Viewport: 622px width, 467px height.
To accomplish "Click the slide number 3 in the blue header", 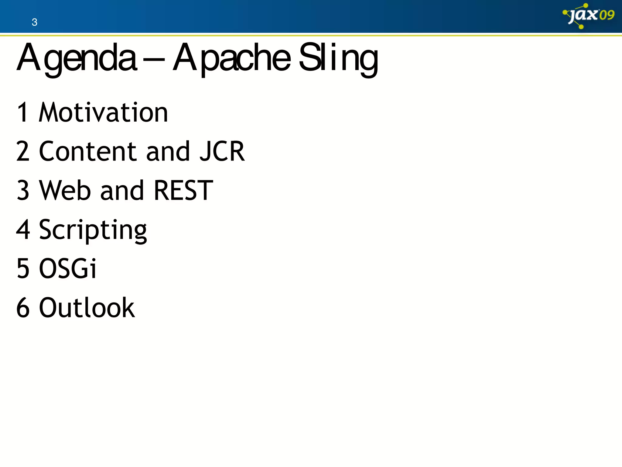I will click(x=34, y=22).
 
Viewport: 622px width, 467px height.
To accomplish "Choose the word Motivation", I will click(x=103, y=112).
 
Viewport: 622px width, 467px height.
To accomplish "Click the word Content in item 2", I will click(x=88, y=151).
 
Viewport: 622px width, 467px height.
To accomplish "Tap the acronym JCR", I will click(x=222, y=151).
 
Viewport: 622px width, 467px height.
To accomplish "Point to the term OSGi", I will click(x=68, y=268).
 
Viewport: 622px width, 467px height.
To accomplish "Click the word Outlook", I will click(x=87, y=308).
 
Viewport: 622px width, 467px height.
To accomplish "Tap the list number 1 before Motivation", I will click(x=23, y=112).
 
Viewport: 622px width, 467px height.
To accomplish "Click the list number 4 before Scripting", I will click(x=23, y=230).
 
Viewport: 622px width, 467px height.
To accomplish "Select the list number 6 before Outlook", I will click(x=23, y=308).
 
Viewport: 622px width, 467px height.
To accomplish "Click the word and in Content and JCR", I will click(x=168, y=151).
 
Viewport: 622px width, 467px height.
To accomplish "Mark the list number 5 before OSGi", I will click(x=23, y=268).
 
